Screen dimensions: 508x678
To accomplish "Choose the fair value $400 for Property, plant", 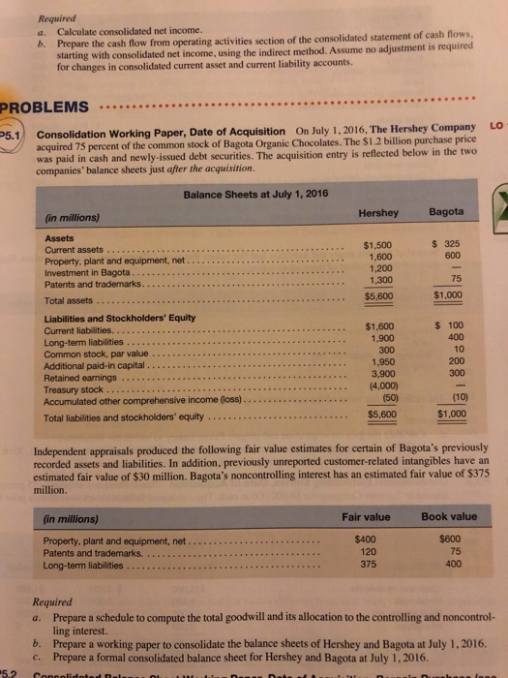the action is (366, 539).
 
